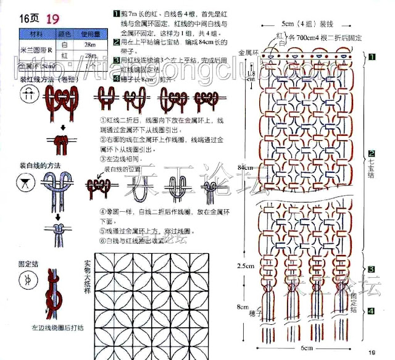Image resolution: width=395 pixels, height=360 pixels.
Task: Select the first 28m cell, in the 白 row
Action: coord(90,45)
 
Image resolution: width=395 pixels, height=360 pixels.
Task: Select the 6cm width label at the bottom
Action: coord(307,350)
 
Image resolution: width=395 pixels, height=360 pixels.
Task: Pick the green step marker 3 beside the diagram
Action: coord(372,269)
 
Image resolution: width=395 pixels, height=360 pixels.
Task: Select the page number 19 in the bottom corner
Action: coord(372,353)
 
